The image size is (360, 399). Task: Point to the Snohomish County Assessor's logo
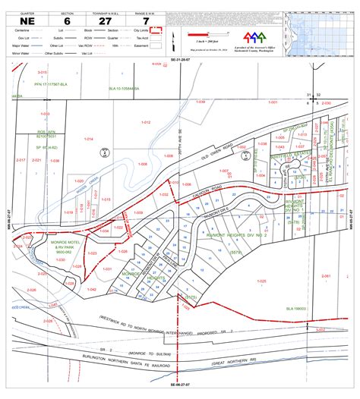pyautogui.click(x=253, y=38)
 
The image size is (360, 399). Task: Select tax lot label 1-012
pyautogui.click(x=146, y=122)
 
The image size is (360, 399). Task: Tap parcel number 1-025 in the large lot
pyautogui.click(x=261, y=281)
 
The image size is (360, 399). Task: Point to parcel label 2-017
pyautogui.click(x=21, y=160)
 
